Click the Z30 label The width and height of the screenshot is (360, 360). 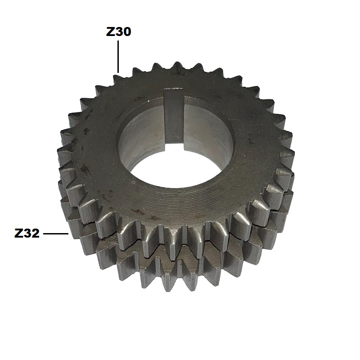[118, 31]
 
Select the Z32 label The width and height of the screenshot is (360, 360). [27, 234]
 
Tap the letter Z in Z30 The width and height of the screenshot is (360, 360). [110, 31]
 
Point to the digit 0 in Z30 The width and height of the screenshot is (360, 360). [127, 31]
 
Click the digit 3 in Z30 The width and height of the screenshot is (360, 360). [119, 31]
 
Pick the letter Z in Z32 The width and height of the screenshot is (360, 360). [18, 234]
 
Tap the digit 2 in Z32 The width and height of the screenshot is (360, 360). [36, 234]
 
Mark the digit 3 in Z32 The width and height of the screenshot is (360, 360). [27, 234]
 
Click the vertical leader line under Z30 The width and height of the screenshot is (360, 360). [118, 57]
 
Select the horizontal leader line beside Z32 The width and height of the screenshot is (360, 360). [56, 234]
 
